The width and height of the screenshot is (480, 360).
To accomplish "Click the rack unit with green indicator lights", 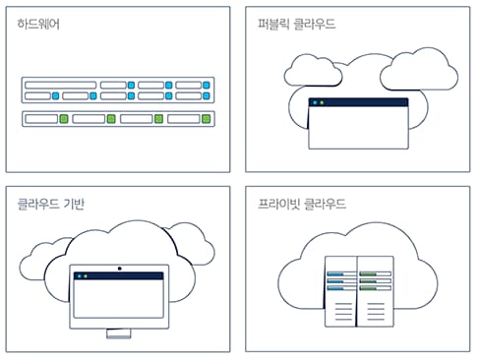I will pyautogui.click(x=117, y=119).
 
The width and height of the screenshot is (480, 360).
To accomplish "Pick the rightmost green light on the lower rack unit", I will pyautogui.click(x=206, y=119).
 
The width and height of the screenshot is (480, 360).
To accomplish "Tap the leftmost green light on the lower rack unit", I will pyautogui.click(x=64, y=119).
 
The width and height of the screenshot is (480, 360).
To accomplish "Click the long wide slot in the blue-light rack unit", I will pyautogui.click(x=60, y=86).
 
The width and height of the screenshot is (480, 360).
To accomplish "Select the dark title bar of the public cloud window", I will pyautogui.click(x=358, y=102).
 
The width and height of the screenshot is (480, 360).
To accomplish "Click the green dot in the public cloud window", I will pyautogui.click(x=324, y=102).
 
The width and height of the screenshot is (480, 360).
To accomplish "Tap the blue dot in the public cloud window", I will pyautogui.click(x=315, y=102).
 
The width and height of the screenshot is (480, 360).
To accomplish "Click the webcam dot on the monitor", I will pyautogui.click(x=118, y=268).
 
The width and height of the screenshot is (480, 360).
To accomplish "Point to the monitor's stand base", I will pyautogui.click(x=118, y=335).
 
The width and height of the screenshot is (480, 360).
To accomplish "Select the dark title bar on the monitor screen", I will pyautogui.click(x=118, y=277).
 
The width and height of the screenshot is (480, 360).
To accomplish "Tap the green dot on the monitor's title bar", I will pyautogui.click(x=86, y=277).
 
